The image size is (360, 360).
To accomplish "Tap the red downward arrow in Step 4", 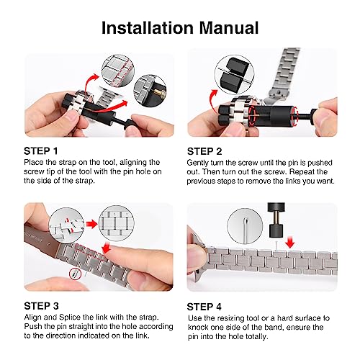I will pos(289,243).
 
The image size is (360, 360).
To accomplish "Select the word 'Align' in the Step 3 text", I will pos(35,318).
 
